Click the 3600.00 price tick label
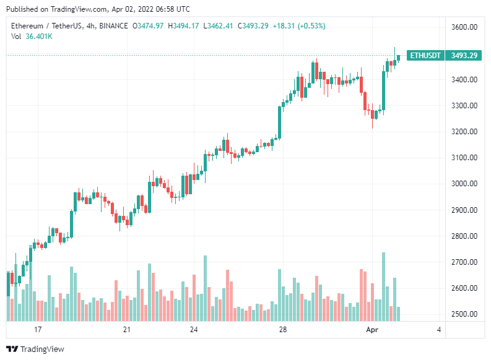[464, 27]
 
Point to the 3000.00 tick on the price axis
[464, 184]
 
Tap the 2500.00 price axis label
[464, 314]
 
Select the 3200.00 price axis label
[464, 132]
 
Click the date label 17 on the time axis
[37, 329]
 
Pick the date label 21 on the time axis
[127, 329]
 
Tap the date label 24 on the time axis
[194, 329]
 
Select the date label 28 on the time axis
[283, 329]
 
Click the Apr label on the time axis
[373, 329]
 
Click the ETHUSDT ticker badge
[425, 56]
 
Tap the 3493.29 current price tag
[464, 56]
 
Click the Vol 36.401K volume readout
[32, 36]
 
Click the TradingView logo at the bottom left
[35, 349]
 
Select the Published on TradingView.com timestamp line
[98, 9]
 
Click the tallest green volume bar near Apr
[384, 286]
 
